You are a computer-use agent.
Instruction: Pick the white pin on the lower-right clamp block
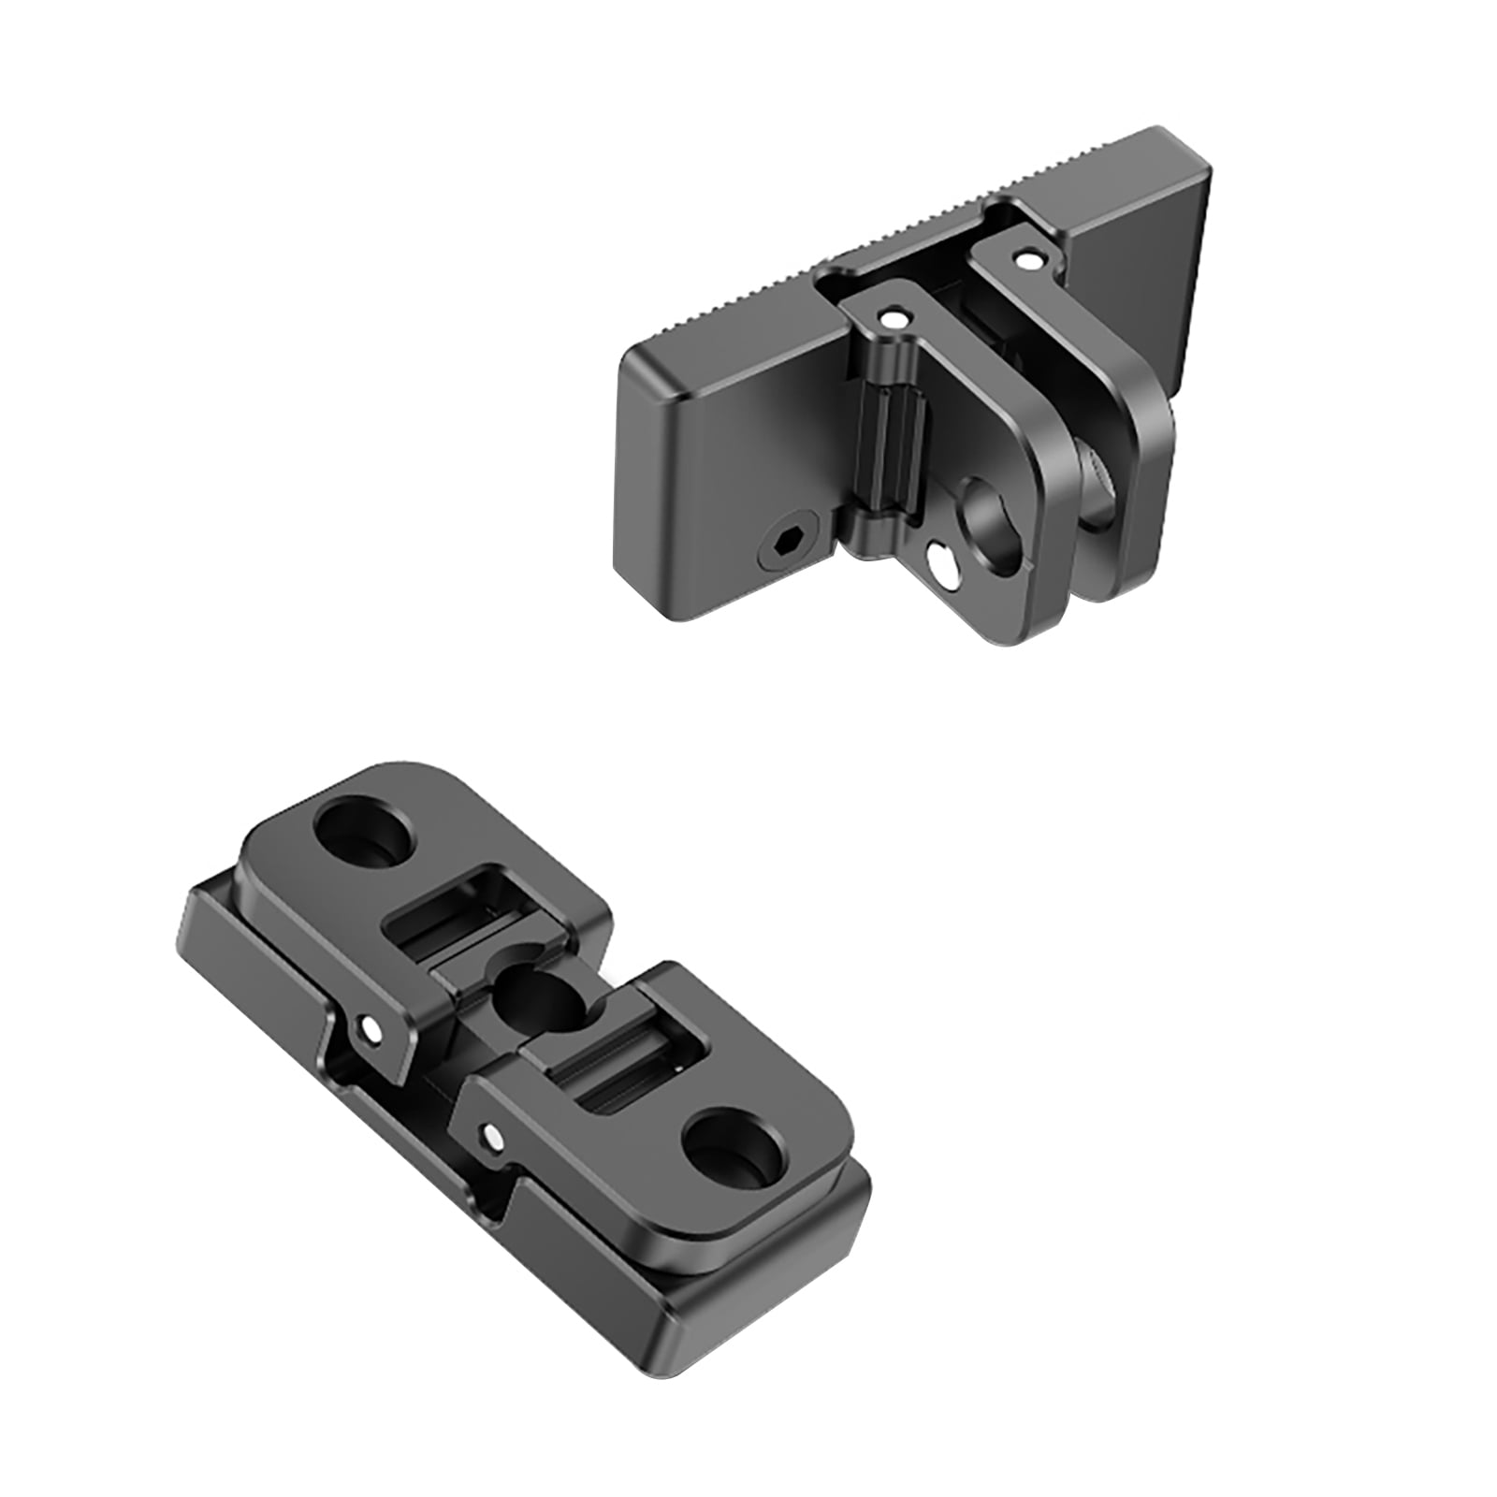point(487,1136)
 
